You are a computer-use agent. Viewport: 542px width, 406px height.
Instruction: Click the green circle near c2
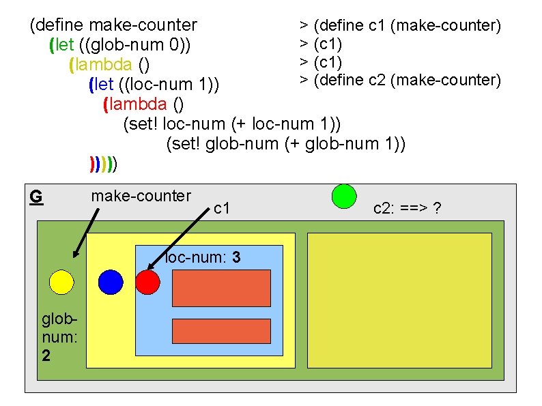pos(344,196)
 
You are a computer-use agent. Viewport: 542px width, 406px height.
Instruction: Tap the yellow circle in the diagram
pos(61,282)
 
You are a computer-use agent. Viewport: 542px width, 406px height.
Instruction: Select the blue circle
pos(111,282)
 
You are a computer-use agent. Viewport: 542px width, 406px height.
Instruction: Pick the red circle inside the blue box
pos(147,282)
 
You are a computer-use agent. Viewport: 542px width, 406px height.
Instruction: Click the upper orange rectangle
pos(221,288)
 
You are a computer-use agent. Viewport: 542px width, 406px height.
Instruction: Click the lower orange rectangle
pos(221,330)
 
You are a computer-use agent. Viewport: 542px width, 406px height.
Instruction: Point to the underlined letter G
pos(36,197)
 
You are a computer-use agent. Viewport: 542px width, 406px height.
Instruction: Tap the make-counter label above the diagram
pos(141,196)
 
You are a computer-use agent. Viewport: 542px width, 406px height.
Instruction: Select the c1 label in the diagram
pos(222,207)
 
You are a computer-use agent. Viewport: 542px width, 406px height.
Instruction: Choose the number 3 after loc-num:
pos(235,258)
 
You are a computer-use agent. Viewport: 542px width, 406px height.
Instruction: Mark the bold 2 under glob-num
pos(45,355)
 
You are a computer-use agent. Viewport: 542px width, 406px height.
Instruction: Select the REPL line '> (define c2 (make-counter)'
pos(400,80)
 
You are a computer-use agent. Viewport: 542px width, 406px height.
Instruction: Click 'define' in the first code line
pos(59,25)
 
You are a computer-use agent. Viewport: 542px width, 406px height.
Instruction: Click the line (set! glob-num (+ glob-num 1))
pos(286,144)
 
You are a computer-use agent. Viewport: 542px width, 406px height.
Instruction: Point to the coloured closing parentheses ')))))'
pos(104,164)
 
